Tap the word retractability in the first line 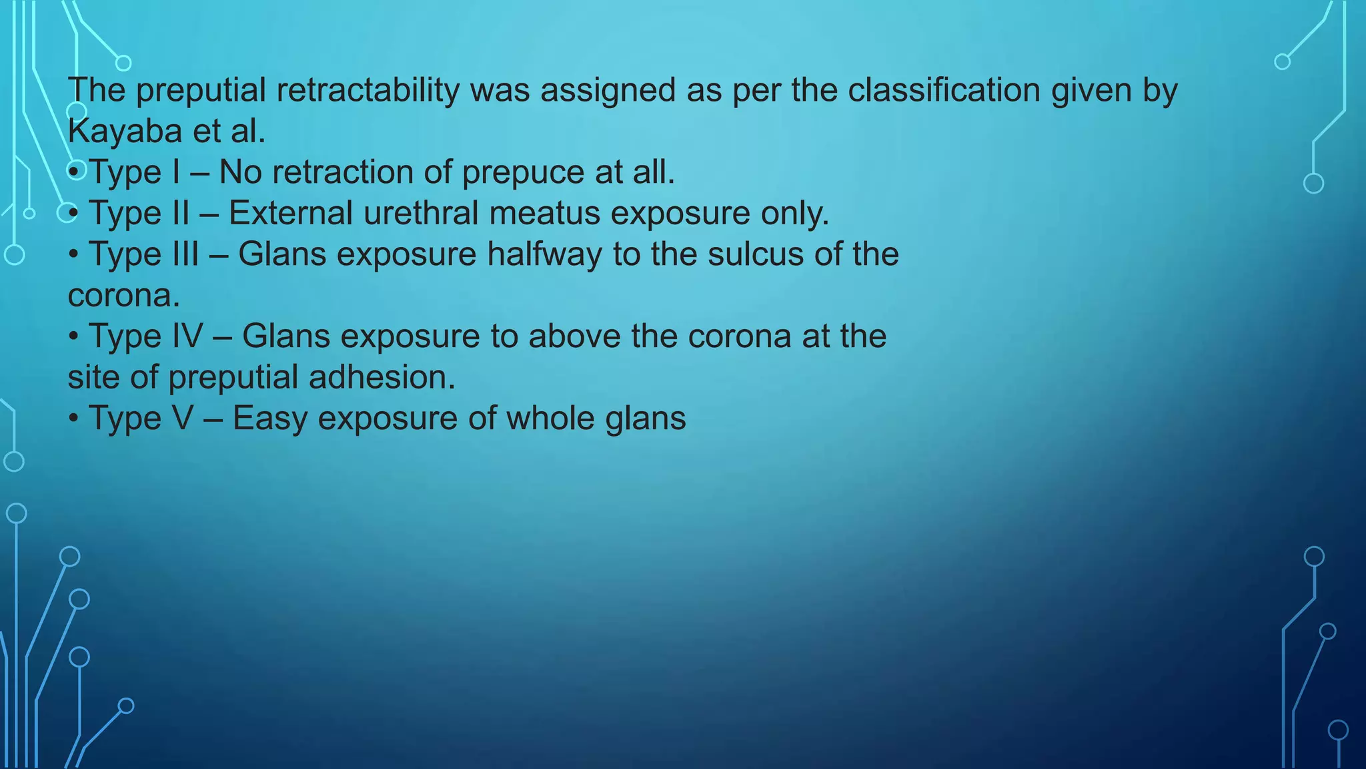[x=368, y=90]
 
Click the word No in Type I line [x=240, y=172]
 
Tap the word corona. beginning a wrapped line [x=124, y=296]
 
